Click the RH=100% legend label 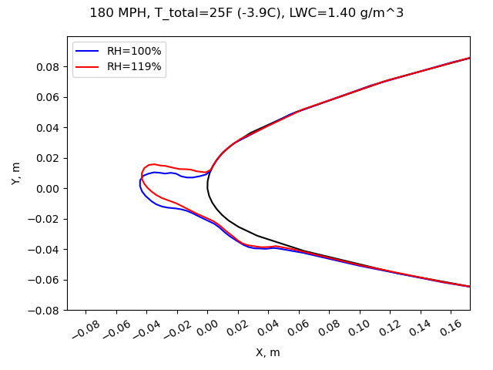point(134,52)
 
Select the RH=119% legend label point(134,67)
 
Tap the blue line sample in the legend point(89,52)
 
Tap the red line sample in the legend point(89,67)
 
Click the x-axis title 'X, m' point(268,352)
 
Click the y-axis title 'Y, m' point(16,173)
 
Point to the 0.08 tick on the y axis point(49,66)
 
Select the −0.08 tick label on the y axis point(45,310)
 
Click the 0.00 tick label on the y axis point(49,188)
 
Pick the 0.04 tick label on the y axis point(49,127)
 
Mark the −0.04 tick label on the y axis point(45,249)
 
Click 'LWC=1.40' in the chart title point(359,13)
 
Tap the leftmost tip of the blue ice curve point(140,183)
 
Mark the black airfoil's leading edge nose point(207,187)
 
